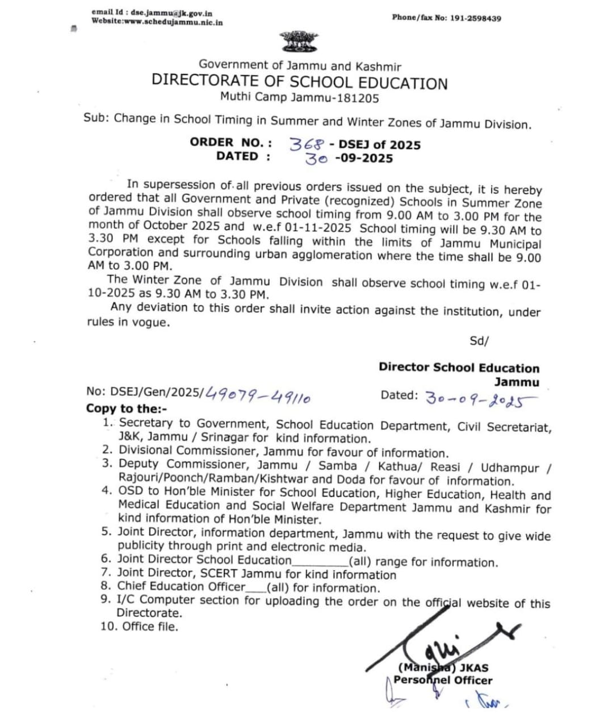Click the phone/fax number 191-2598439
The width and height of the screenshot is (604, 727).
476,18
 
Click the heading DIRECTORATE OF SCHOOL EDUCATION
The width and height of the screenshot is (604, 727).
299,82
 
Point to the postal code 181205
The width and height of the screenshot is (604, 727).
358,98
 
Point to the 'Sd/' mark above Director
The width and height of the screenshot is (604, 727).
479,341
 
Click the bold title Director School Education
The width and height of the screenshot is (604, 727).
459,367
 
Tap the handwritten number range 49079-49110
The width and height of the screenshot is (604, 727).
258,394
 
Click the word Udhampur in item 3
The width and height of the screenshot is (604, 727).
510,467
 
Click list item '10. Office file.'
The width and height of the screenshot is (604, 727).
139,626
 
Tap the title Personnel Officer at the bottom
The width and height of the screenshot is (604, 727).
443,680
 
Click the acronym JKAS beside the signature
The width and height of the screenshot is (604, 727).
474,668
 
